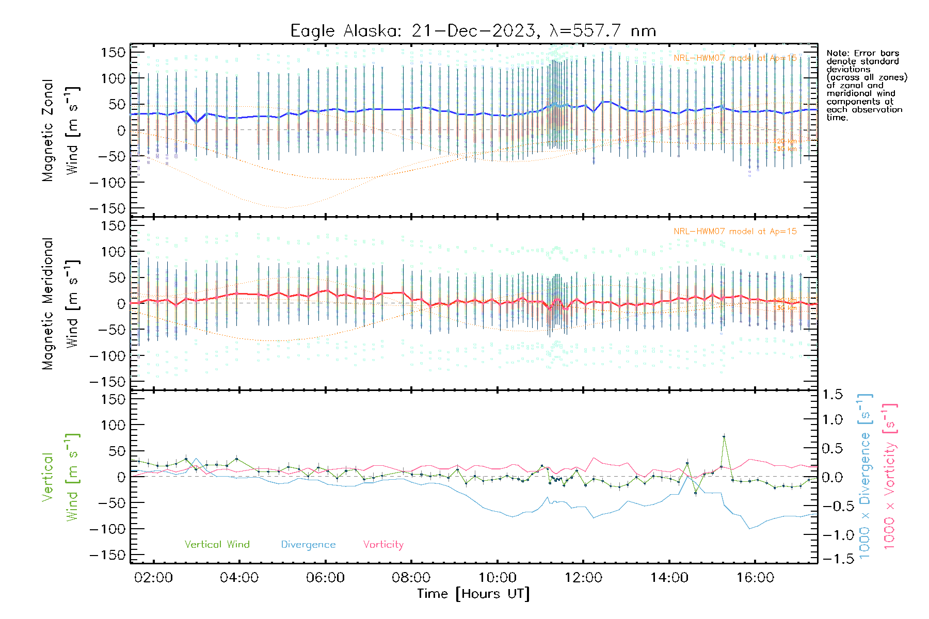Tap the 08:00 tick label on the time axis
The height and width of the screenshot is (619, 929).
point(411,577)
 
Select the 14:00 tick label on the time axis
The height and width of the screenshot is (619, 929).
point(669,577)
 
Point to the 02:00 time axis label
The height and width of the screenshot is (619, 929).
point(153,577)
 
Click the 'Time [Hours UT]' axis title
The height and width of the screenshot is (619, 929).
point(473,594)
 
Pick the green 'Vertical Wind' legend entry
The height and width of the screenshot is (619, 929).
point(217,544)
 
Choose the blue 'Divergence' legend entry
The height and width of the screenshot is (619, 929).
point(308,544)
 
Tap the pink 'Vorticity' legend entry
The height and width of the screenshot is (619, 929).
point(383,544)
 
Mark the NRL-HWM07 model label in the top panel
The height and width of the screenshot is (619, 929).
point(735,58)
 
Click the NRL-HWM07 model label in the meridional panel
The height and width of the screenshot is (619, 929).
point(735,231)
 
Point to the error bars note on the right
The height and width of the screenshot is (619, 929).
point(866,85)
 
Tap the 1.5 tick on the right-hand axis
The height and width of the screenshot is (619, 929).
point(832,395)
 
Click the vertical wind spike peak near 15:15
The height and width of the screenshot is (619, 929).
point(724,436)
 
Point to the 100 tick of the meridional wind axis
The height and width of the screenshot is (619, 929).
point(113,252)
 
